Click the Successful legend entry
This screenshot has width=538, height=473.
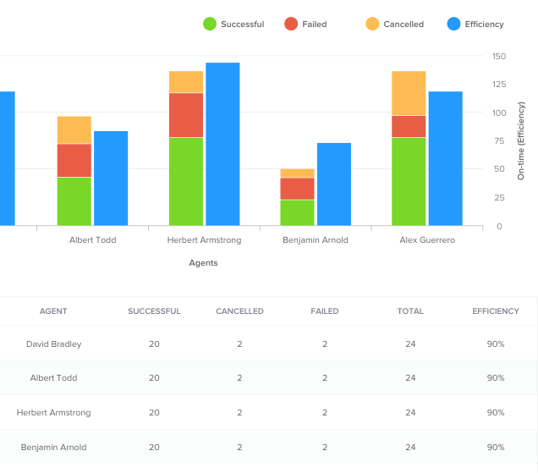[233, 25]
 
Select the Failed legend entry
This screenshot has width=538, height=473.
[305, 25]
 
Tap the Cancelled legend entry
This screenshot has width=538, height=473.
[395, 25]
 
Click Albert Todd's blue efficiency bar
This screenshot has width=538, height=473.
[111, 178]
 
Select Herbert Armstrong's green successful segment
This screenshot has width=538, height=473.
[186, 181]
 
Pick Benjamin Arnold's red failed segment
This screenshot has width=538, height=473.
[297, 189]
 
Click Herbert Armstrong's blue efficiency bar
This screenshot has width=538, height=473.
[222, 144]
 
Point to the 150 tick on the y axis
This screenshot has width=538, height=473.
[499, 57]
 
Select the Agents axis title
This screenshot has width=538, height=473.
[203, 263]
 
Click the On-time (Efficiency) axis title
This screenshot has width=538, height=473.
[521, 141]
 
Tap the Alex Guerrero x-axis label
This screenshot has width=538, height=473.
[427, 240]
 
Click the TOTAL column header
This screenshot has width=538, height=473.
[410, 311]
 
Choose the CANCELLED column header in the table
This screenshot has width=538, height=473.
[239, 311]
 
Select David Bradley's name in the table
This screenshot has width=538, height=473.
[54, 344]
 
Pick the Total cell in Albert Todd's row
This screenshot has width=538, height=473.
[410, 378]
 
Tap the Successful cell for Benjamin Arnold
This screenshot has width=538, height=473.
[154, 447]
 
